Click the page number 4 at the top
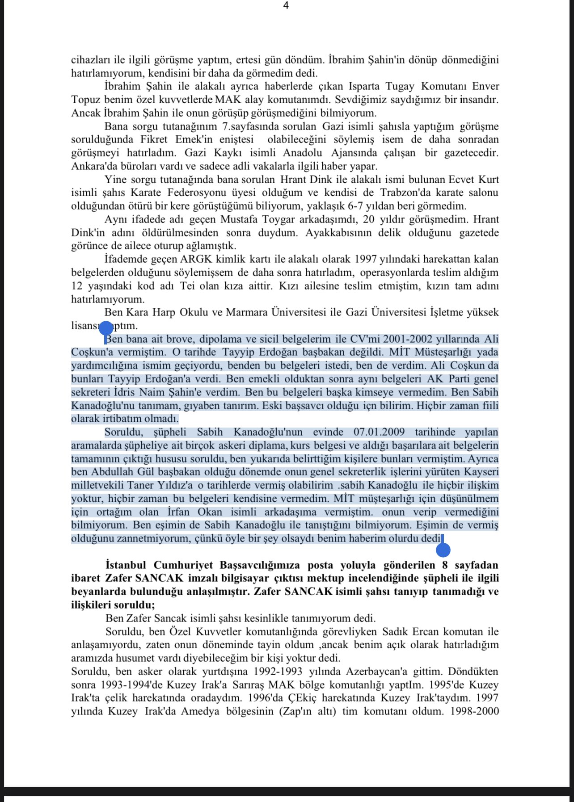(x=286, y=5)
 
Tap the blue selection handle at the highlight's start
(x=106, y=328)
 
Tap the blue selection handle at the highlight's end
(x=443, y=550)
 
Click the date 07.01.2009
(x=379, y=432)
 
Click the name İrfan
(x=178, y=512)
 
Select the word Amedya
(x=200, y=711)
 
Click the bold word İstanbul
(x=126, y=565)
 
